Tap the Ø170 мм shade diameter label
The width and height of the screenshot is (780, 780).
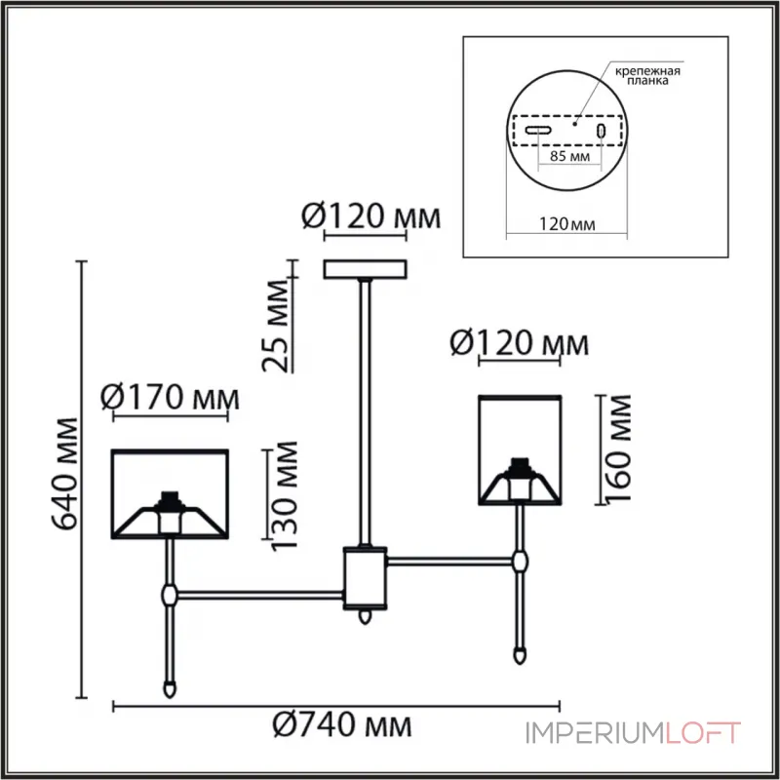pos(171,398)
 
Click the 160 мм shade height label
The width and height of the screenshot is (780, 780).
pos(616,448)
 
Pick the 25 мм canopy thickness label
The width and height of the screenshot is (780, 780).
pos(277,327)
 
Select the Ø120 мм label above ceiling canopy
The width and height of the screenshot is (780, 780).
pos(367,216)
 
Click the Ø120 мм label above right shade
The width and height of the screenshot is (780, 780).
pos(521,343)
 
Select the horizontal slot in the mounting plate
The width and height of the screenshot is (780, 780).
pos(538,131)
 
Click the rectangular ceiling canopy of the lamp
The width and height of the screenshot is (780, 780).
pos(366,268)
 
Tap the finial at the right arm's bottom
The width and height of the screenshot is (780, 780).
pos(522,650)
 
